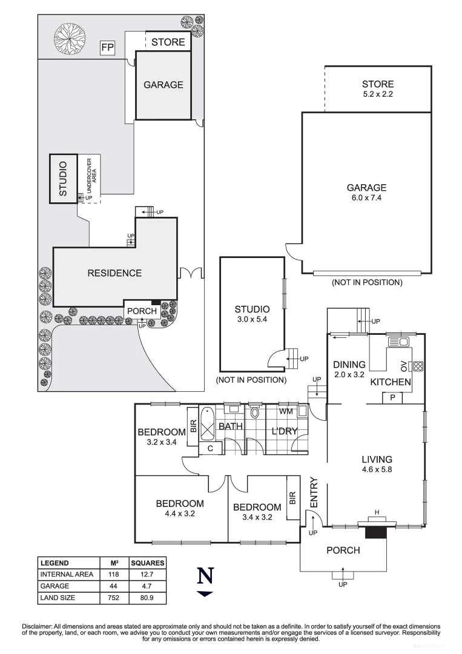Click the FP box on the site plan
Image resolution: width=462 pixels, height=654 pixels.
click(107, 47)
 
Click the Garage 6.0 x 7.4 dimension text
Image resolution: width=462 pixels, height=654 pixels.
click(366, 198)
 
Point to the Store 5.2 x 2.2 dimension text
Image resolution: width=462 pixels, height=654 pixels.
click(378, 94)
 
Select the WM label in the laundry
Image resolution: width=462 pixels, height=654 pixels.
click(286, 411)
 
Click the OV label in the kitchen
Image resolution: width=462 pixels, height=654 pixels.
click(403, 366)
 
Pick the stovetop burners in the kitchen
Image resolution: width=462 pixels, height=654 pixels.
click(417, 366)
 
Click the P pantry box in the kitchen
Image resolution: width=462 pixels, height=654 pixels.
click(392, 398)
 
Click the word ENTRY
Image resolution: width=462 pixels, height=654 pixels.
click(314, 493)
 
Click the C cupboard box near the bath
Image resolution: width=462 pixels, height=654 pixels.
click(210, 449)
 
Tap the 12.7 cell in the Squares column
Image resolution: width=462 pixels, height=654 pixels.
click(148, 574)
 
